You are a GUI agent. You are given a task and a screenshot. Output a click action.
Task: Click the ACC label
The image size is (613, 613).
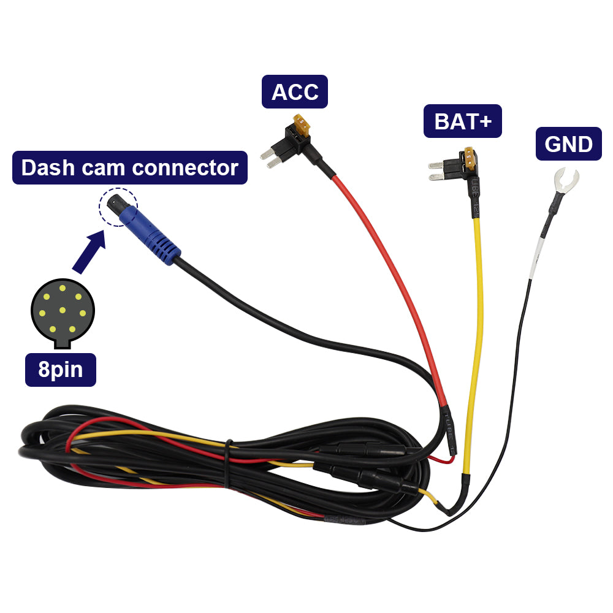point(295,92)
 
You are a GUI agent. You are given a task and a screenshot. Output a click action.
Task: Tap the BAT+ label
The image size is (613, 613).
point(463,121)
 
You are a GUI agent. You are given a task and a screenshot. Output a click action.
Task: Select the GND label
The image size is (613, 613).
point(568,144)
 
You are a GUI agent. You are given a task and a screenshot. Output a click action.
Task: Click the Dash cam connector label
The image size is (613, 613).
point(130,167)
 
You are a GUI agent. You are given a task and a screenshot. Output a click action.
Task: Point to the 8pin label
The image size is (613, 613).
point(60,370)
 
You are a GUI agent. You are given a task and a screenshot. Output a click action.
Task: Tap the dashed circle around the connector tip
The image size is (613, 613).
point(118,207)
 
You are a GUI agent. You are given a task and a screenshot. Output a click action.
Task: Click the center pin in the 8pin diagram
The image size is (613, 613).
point(62,310)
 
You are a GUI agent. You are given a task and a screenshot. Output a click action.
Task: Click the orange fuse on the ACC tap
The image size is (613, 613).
point(303,126)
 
